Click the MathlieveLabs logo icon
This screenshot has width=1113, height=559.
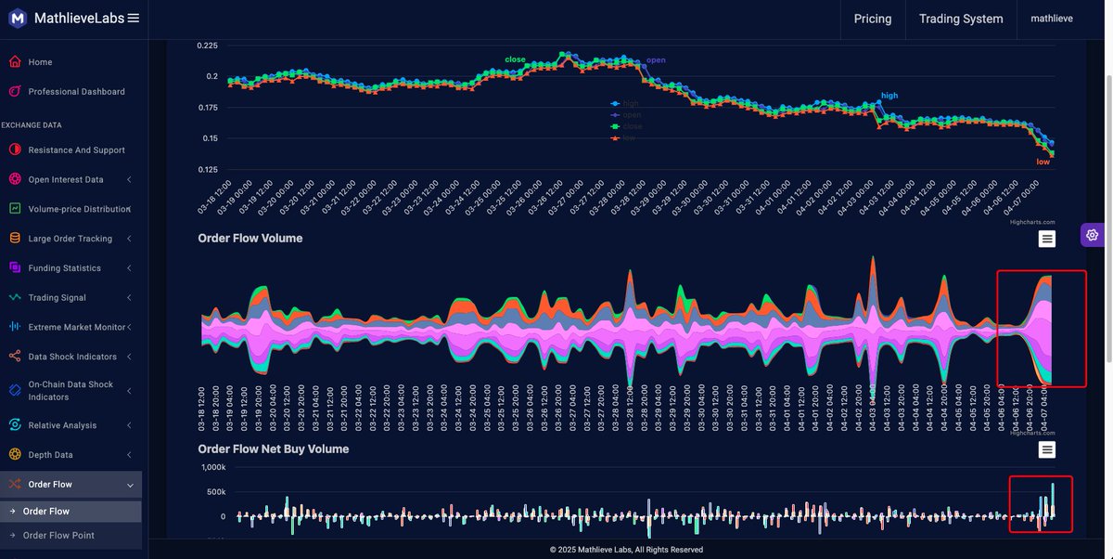tap(17, 18)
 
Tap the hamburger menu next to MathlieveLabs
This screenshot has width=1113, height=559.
tap(134, 18)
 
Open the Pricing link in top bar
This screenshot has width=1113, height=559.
tap(872, 19)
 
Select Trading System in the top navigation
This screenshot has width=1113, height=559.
tap(960, 19)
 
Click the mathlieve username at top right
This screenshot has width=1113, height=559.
tap(1052, 19)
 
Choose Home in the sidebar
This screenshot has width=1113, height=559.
tap(40, 62)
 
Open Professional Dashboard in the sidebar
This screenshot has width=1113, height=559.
tap(76, 92)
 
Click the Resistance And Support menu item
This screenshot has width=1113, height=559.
tap(76, 150)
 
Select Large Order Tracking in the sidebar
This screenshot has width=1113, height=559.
tap(70, 239)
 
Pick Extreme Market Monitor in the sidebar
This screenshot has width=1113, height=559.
tap(77, 327)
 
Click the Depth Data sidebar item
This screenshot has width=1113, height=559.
tap(50, 455)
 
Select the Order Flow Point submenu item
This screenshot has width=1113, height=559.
tap(58, 536)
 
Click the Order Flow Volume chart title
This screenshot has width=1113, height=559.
tap(249, 239)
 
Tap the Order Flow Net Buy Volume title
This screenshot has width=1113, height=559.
tap(273, 449)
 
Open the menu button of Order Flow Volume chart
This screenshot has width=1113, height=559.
tap(1046, 240)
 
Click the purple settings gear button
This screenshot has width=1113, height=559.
tap(1092, 235)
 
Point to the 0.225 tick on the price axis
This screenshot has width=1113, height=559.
tap(207, 45)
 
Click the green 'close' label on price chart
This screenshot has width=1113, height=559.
tap(515, 59)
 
